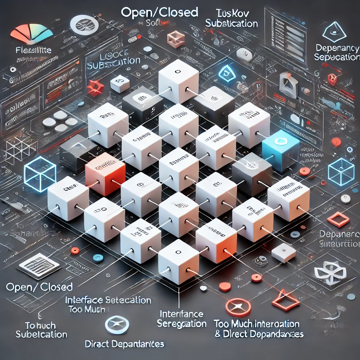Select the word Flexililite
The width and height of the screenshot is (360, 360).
point(34,50)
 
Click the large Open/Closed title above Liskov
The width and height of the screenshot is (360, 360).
point(159,13)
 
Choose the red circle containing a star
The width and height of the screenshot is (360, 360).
point(238,307)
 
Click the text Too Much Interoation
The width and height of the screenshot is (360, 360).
point(257,324)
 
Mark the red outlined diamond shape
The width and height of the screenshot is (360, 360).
point(338,219)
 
